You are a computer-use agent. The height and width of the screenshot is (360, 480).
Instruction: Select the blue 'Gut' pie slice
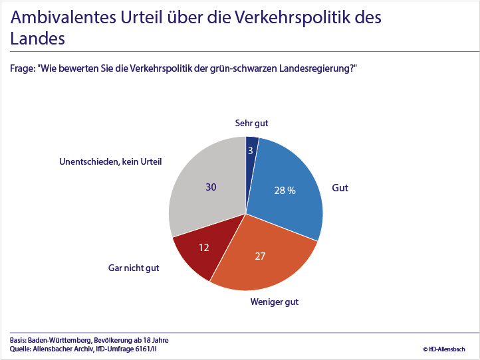(x=293, y=199)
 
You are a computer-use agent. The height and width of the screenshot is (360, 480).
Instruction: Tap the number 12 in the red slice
(x=205, y=247)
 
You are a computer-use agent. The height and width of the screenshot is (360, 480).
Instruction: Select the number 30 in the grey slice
(x=211, y=187)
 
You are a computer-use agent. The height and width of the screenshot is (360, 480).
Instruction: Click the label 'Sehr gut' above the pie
(x=251, y=123)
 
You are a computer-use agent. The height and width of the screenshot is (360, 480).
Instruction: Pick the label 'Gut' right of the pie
(x=340, y=188)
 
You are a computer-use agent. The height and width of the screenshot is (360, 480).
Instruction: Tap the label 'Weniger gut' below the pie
(x=274, y=302)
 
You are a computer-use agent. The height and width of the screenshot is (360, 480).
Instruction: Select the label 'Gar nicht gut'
(x=134, y=268)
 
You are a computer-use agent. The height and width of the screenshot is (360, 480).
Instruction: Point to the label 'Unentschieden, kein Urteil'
(x=110, y=161)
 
